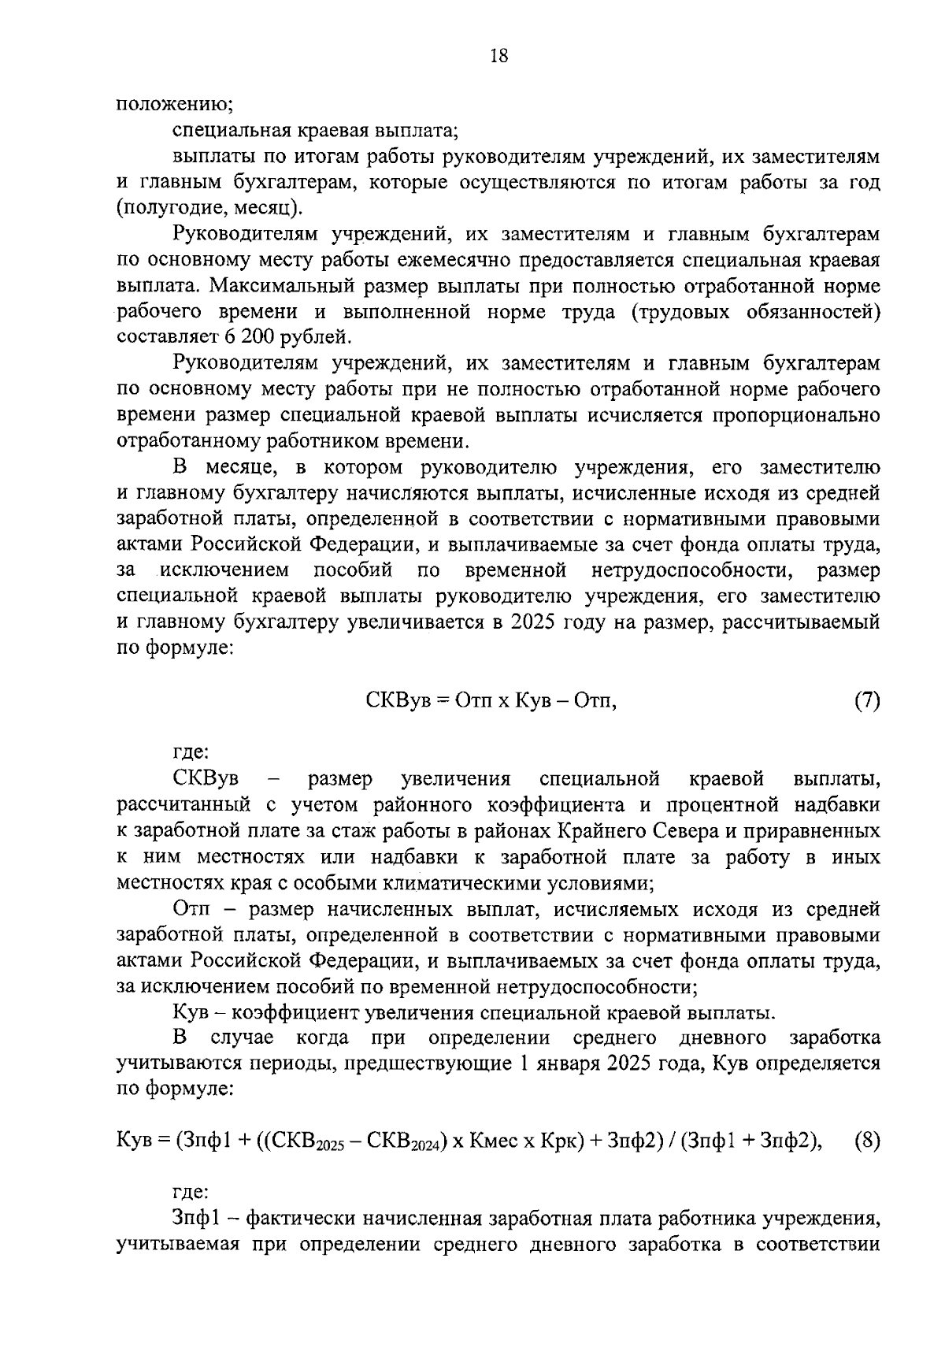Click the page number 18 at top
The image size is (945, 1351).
pyautogui.click(x=498, y=55)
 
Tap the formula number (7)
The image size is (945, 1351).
pyautogui.click(x=866, y=700)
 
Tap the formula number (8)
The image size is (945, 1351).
pyautogui.click(x=866, y=1140)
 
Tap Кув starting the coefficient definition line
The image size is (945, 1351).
pyautogui.click(x=187, y=1011)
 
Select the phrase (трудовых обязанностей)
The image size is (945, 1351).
pyautogui.click(x=755, y=311)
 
